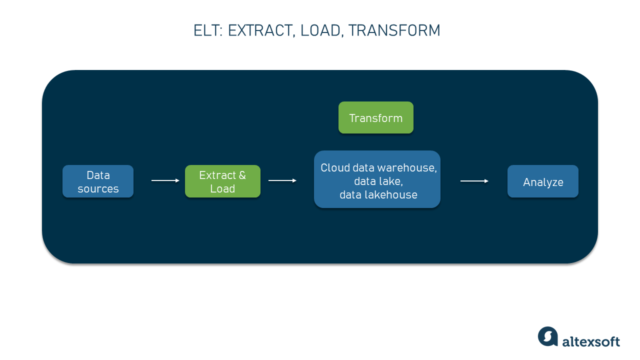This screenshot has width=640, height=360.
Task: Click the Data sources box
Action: pos(98,181)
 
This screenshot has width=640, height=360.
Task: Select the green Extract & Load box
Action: pos(222,181)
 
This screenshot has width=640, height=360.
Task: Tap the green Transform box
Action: pos(376,118)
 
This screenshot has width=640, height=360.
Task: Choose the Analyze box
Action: pos(543,181)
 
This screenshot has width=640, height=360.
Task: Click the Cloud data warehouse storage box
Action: pos(377,179)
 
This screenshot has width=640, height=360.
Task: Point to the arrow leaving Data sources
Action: pos(165,180)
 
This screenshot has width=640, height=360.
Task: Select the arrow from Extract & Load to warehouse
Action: pos(282,180)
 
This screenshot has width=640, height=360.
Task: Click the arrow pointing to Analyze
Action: pos(474,181)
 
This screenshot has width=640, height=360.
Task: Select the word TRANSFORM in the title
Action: pos(394,31)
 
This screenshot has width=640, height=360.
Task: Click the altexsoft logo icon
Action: pos(547,336)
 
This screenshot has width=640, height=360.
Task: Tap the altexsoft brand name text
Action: pos(591,341)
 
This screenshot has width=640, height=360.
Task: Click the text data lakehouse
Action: pos(378,195)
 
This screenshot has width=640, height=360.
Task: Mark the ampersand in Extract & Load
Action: pos(242,175)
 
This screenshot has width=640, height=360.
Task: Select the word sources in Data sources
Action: pos(98,189)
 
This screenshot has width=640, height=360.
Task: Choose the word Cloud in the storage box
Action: pos(335,168)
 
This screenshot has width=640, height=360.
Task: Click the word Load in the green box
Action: pos(222,189)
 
